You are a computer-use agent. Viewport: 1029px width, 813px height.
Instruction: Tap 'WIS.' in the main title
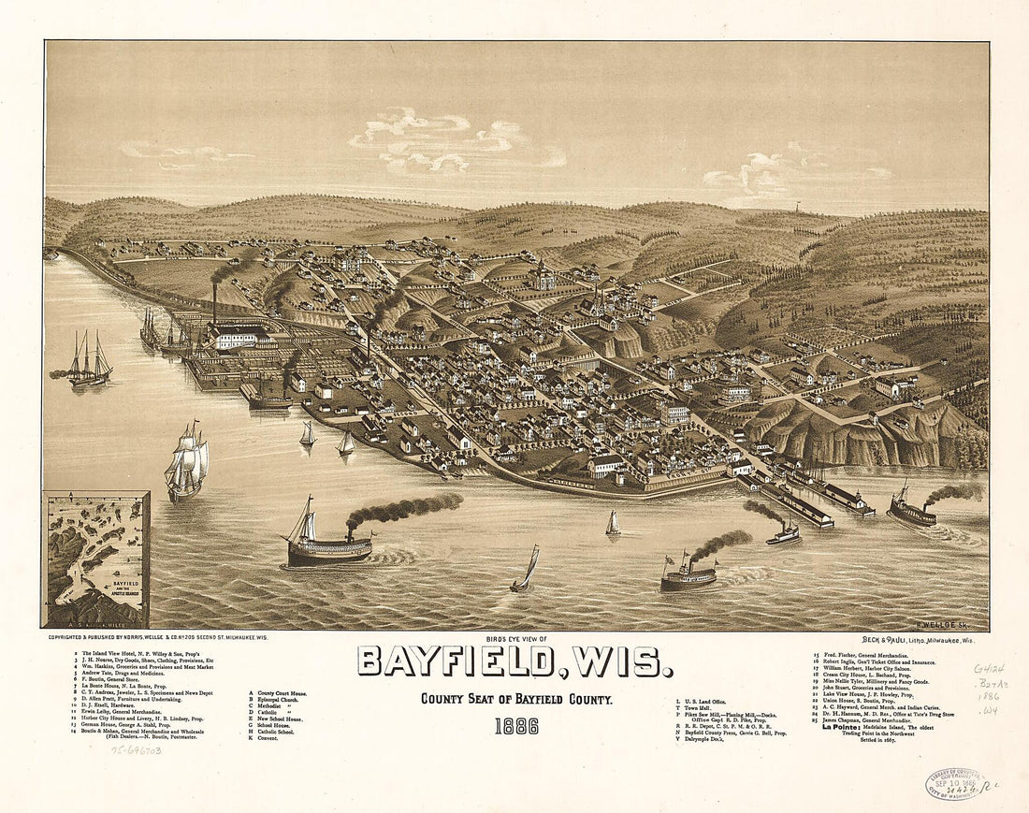622,661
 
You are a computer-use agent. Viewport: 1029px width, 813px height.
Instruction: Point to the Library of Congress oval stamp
954,783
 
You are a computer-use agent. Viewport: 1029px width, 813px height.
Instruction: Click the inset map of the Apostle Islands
95,559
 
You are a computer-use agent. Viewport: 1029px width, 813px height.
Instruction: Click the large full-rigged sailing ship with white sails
187,462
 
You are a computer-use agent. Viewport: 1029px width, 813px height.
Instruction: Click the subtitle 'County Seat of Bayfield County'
516,698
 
